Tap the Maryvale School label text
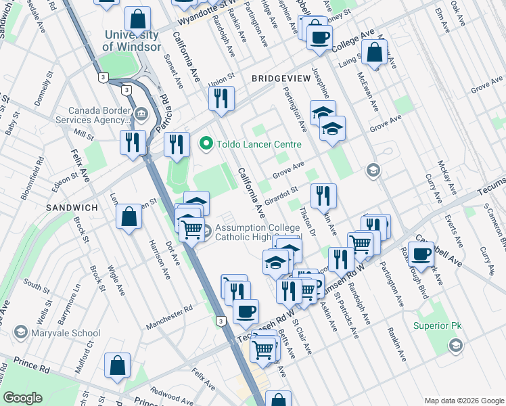(x=66, y=333)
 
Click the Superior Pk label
(x=435, y=333)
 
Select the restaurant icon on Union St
(x=221, y=99)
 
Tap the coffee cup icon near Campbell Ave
(x=421, y=254)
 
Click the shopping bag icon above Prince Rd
(x=118, y=365)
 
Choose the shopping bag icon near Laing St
(x=374, y=53)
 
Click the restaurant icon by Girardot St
(x=323, y=196)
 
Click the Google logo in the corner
(x=23, y=397)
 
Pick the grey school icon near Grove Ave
(x=372, y=170)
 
